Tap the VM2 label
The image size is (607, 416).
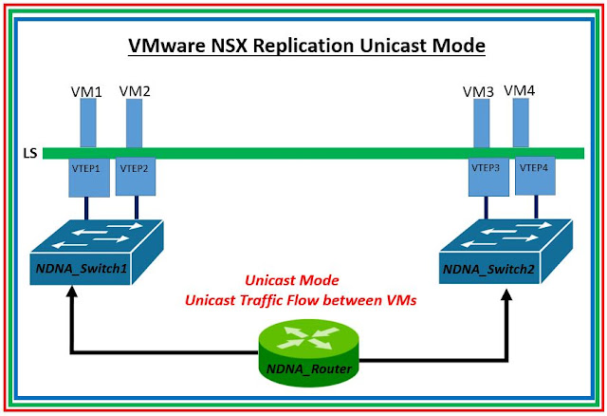pos(135,90)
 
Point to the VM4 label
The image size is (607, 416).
pos(521,89)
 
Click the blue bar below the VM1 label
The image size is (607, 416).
pos(88,123)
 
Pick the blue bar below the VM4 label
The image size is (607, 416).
pos(521,123)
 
